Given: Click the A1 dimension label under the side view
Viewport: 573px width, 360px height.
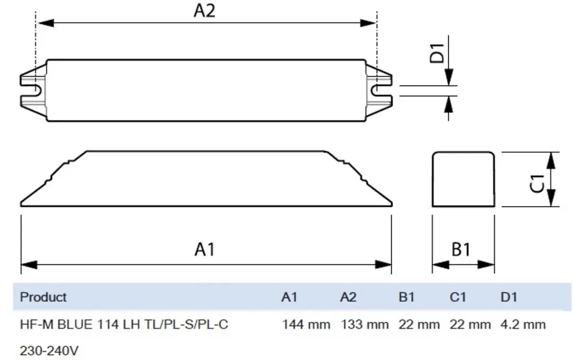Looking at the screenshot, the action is coord(205,250).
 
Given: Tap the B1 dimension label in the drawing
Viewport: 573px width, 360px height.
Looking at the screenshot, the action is coord(461,250).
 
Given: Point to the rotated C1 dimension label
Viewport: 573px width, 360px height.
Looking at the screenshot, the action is coord(537,183).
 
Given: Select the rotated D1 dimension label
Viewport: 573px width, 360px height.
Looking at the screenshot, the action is coord(437,54).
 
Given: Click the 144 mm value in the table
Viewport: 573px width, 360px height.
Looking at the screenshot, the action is coord(306,324).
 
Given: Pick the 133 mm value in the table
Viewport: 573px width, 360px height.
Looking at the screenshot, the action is coord(364,324).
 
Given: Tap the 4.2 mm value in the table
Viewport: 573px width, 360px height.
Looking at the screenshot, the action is coord(523,324).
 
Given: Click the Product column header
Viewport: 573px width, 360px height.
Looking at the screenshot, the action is coord(43,297).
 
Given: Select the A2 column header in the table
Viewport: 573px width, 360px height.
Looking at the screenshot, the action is coord(348,297).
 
